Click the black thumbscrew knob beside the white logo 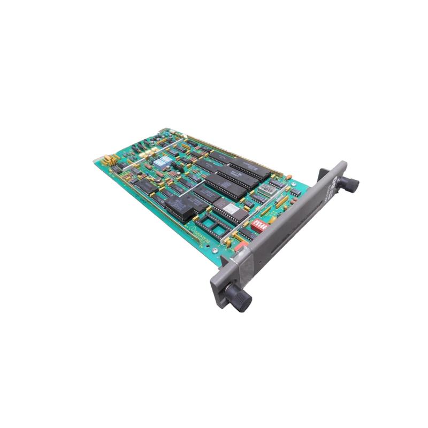351,185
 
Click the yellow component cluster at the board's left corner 109,159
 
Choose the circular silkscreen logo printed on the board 190,227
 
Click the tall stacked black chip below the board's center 180,208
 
